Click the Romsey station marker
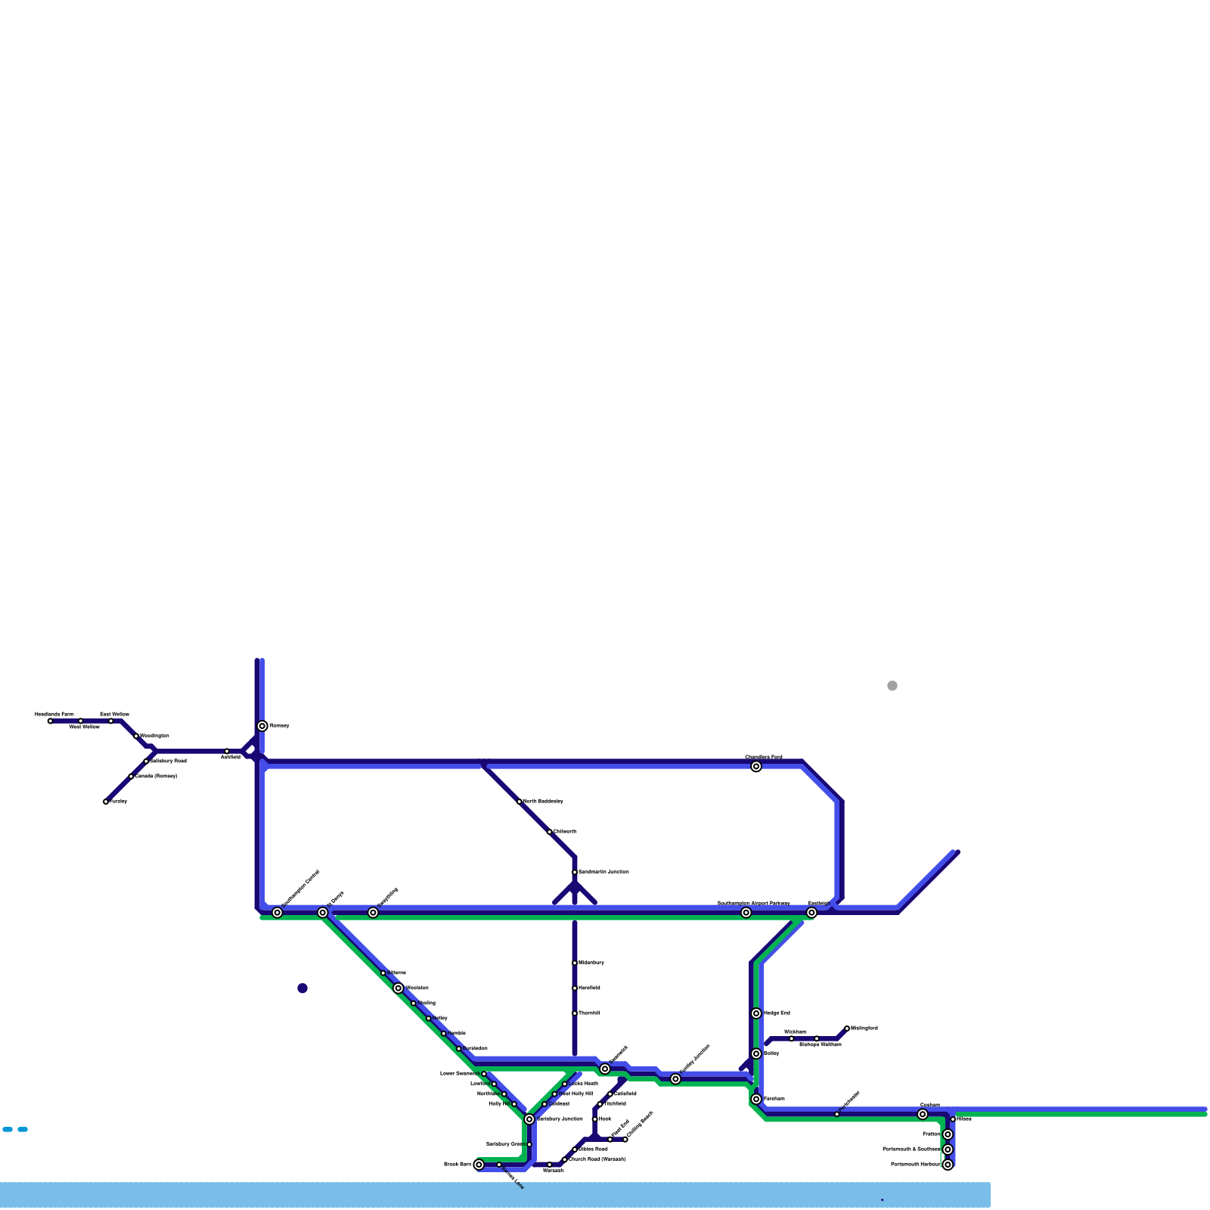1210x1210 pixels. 262,726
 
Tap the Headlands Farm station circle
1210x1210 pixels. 51,721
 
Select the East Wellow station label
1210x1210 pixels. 114,714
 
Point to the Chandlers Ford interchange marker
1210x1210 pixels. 756,767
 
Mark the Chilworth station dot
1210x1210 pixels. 550,832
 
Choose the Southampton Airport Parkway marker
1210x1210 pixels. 746,913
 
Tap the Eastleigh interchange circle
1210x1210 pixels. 811,913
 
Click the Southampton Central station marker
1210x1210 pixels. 278,913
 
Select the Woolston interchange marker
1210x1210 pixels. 399,988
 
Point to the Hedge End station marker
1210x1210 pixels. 756,1013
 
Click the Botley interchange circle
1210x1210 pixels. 756,1053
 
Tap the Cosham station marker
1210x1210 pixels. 923,1114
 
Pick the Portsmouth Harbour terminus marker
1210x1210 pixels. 948,1165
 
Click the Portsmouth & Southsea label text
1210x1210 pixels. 911,1149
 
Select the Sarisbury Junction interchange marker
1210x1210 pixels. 529,1119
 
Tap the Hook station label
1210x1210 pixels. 605,1118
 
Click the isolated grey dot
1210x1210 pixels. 892,686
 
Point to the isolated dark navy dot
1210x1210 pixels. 302,988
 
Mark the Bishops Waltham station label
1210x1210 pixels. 820,1044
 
